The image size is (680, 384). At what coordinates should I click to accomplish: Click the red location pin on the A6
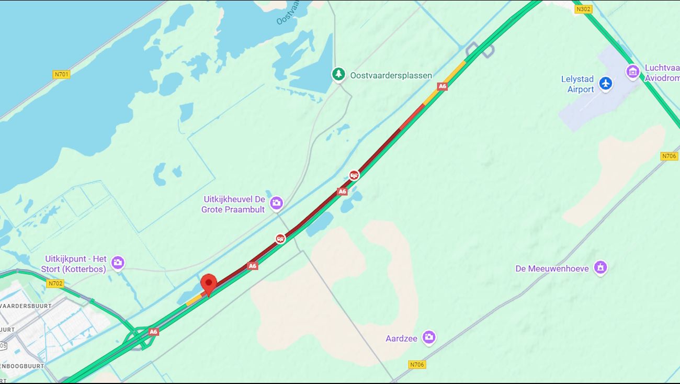click(x=209, y=284)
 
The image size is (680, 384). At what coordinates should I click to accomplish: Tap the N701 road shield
click(x=61, y=74)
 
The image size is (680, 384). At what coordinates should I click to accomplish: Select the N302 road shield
click(x=583, y=9)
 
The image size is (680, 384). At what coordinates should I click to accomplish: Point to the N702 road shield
click(x=55, y=284)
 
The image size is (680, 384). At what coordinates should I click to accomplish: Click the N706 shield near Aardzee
click(x=417, y=365)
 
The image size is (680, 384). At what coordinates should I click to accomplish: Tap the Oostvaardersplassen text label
click(x=391, y=75)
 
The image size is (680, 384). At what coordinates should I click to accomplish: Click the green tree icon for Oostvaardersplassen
click(x=338, y=74)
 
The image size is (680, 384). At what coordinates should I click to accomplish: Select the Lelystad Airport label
click(x=578, y=84)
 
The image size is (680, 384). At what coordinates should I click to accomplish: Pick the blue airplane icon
click(x=606, y=83)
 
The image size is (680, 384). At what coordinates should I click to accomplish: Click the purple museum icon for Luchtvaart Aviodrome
click(x=632, y=72)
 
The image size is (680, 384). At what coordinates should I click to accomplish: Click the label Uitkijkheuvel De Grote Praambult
click(x=234, y=205)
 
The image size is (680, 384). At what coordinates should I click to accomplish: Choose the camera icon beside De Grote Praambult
click(x=276, y=203)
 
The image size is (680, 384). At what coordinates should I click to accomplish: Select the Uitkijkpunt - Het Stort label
click(x=75, y=264)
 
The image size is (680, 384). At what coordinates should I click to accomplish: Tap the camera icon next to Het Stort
click(x=118, y=263)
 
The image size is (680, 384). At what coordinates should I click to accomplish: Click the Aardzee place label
click(x=401, y=338)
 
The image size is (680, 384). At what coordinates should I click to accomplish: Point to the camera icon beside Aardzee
click(x=429, y=337)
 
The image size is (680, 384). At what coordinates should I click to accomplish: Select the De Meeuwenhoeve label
click(x=552, y=268)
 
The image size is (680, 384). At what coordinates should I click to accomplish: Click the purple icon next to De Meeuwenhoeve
click(x=600, y=268)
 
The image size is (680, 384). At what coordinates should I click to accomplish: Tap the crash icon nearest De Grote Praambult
click(x=281, y=239)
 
